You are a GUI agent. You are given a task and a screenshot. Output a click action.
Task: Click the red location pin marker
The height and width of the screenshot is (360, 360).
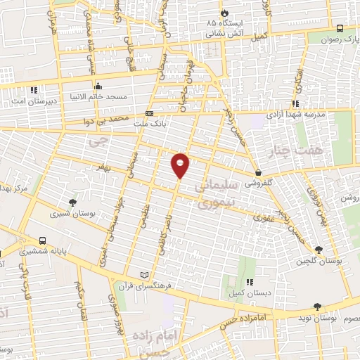181,165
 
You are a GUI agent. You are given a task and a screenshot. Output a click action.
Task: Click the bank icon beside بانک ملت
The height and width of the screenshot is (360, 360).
148,113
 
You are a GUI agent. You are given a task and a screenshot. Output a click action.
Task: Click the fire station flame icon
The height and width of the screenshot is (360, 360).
224,13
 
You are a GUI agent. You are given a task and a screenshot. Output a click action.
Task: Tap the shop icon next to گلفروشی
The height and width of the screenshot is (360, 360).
258,172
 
